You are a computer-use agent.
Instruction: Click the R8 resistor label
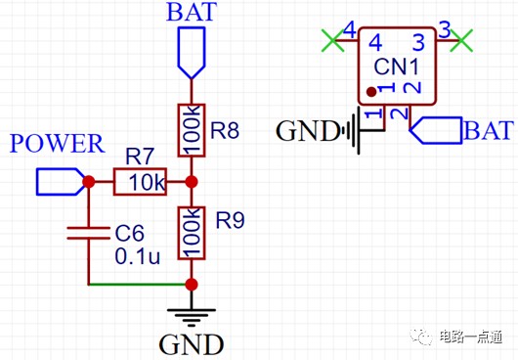tap(225, 129)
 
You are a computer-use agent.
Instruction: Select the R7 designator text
tap(140, 157)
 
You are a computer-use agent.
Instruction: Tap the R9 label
tap(231, 220)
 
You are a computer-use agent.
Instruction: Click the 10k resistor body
tap(140, 182)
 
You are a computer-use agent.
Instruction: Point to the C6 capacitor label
tap(129, 233)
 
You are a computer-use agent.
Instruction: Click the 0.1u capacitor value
tap(138, 256)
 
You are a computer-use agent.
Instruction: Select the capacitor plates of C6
tap(88, 233)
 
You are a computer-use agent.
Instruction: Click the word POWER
tap(57, 144)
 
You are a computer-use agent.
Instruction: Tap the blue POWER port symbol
tap(61, 182)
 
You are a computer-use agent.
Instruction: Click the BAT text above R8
tap(192, 12)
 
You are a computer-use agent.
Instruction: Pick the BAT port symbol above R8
tap(192, 53)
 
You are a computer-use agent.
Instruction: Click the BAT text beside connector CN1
tap(489, 130)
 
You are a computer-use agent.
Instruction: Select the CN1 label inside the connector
tap(397, 67)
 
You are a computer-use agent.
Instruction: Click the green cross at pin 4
tap(333, 41)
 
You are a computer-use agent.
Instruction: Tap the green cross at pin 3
tap(461, 41)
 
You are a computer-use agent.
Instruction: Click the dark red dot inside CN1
tap(371, 92)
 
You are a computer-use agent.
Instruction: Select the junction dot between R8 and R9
tap(192, 182)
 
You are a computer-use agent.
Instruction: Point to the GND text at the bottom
tap(192, 344)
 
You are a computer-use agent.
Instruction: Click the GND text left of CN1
tap(307, 131)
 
